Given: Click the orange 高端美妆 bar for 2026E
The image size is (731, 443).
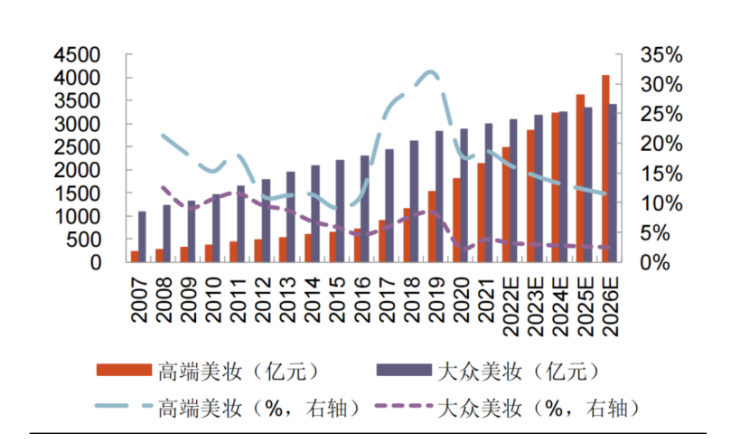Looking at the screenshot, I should click(x=605, y=169).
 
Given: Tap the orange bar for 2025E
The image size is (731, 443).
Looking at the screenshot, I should click(x=580, y=178).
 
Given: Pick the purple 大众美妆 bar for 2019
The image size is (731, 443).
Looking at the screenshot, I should click(x=439, y=196).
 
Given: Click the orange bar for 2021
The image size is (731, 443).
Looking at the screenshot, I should click(x=482, y=212).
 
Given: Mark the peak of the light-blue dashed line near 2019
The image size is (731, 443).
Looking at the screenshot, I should click(x=431, y=71).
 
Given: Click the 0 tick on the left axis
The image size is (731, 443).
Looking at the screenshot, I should click(x=115, y=262).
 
